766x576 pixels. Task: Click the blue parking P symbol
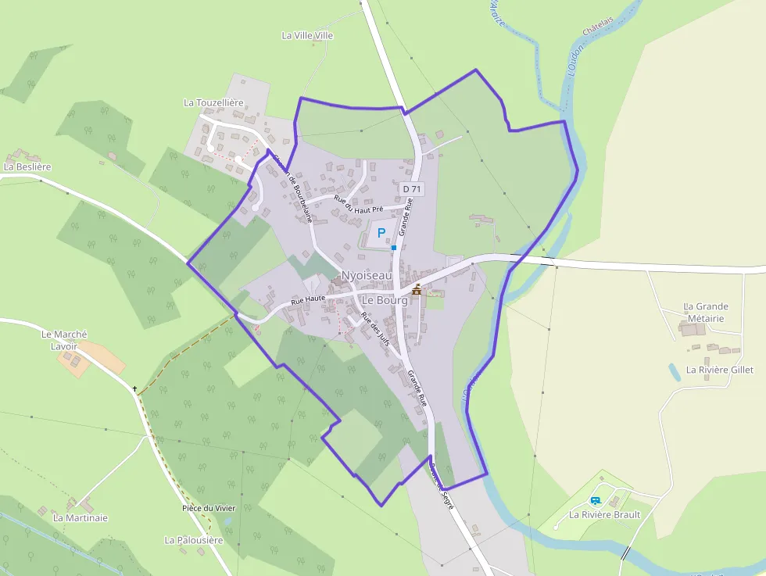coord(381,232)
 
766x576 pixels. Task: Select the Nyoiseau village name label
coord(367,275)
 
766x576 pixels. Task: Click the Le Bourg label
coord(385,300)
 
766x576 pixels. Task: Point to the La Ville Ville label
coord(307,35)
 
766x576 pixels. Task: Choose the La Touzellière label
coord(213,102)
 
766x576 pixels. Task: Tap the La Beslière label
coord(27,166)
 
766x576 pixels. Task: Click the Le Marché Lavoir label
coord(64,340)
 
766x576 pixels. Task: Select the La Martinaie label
coord(80,517)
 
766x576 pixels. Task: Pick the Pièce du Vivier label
coord(208,508)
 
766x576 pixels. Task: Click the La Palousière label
coord(194,540)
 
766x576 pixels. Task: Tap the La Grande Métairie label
coord(706,312)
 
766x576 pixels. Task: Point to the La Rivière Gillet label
coord(719,370)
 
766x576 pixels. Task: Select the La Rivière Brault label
coord(604,514)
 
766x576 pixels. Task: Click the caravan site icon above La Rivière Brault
coord(596,500)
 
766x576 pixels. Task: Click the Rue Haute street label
coord(307,299)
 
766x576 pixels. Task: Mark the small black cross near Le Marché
coord(135,388)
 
